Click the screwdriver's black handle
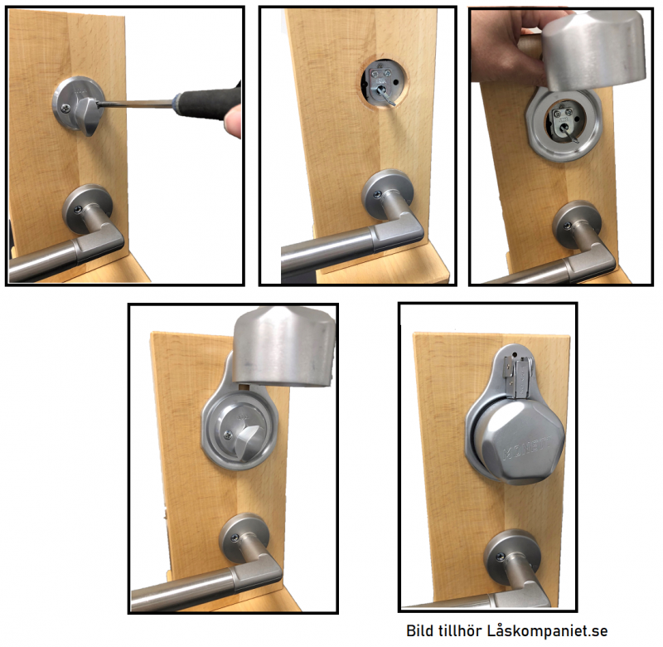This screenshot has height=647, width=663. pos(208,103)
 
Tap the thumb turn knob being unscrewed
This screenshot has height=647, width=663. pos(87,114)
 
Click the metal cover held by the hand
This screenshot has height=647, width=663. pos(593,50)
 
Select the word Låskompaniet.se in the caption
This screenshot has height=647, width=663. pos(548,630)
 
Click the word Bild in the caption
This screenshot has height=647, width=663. pos(419,630)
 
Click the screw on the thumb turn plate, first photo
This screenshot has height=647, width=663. pos(65,109)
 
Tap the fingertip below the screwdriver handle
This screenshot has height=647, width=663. pos(232,122)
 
